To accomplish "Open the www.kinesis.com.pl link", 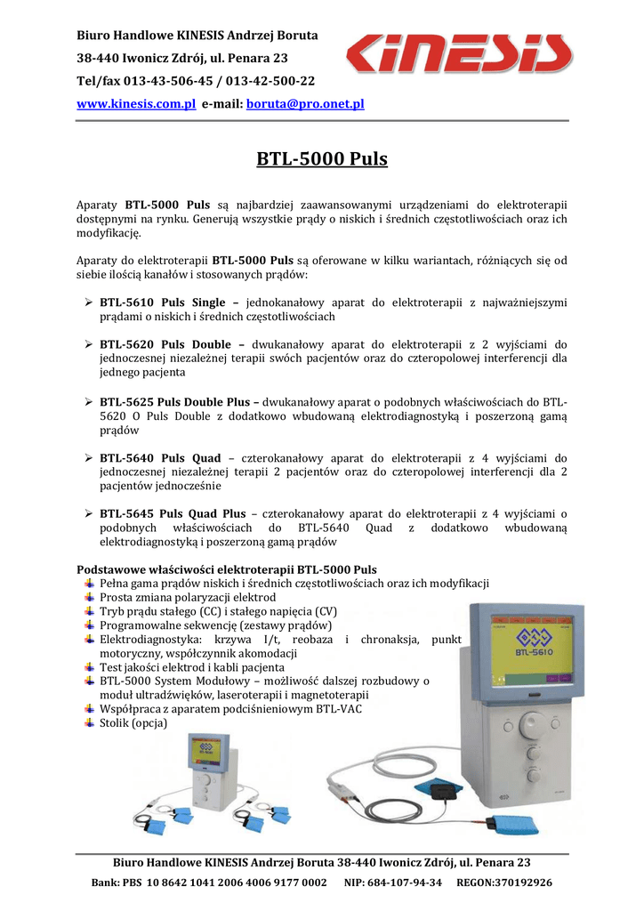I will click(136, 104).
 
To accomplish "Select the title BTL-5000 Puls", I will click(322, 160).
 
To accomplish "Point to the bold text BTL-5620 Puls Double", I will click(167, 343).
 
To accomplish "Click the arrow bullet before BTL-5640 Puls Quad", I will click(88, 458).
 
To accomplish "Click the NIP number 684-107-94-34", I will click(407, 883).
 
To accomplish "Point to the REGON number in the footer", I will click(504, 883).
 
